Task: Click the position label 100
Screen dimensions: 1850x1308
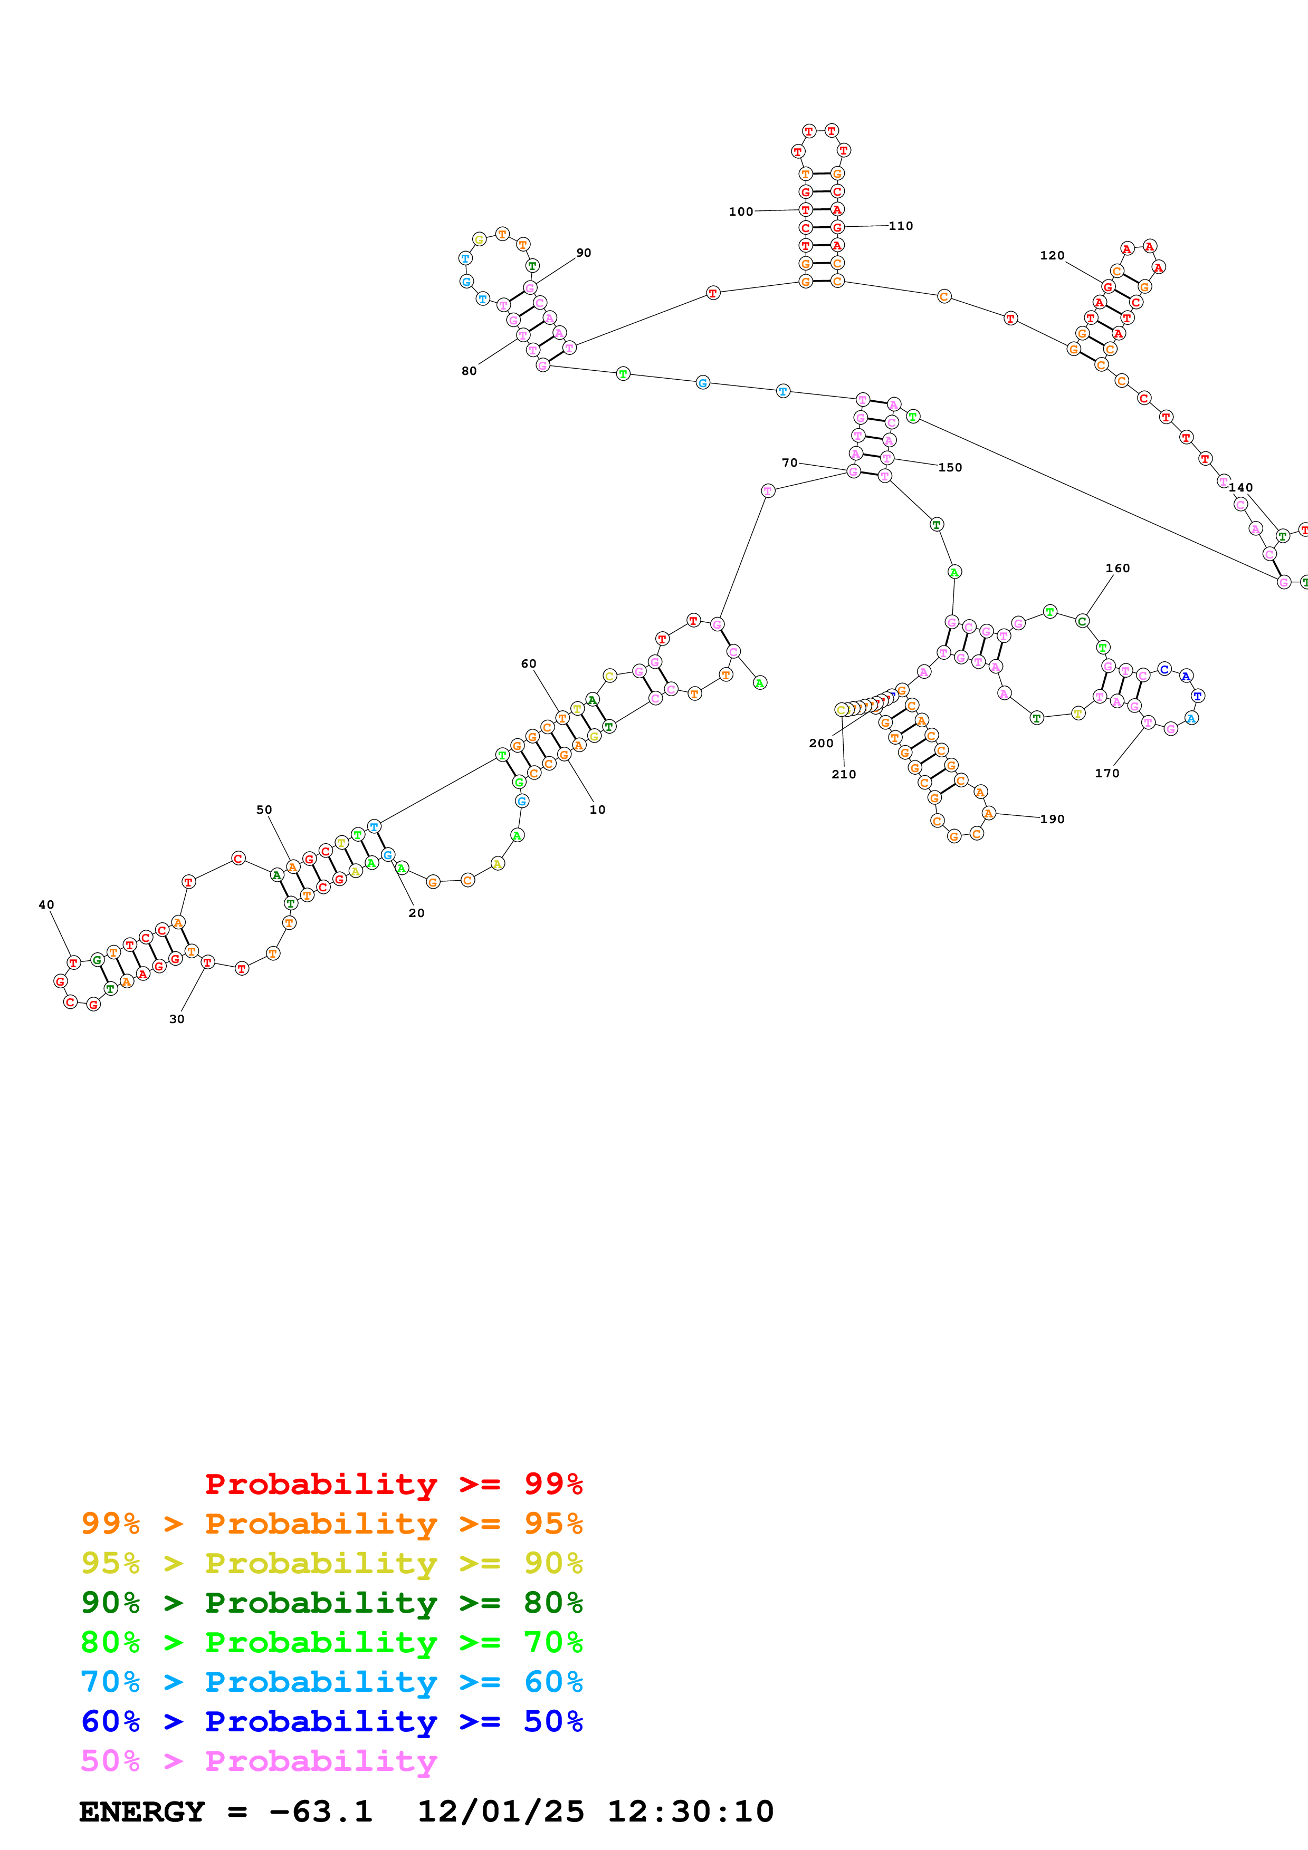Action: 741,212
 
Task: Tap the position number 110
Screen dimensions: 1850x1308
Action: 901,226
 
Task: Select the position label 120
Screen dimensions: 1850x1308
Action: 1052,255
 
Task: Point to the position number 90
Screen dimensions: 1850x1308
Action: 584,253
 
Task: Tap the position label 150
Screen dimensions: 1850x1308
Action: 950,467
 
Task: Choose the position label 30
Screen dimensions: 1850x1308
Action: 177,1019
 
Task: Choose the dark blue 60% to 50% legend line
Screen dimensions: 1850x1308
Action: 331,1721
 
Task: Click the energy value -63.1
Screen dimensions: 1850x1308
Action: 321,1812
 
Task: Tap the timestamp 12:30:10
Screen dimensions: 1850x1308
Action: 690,1812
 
